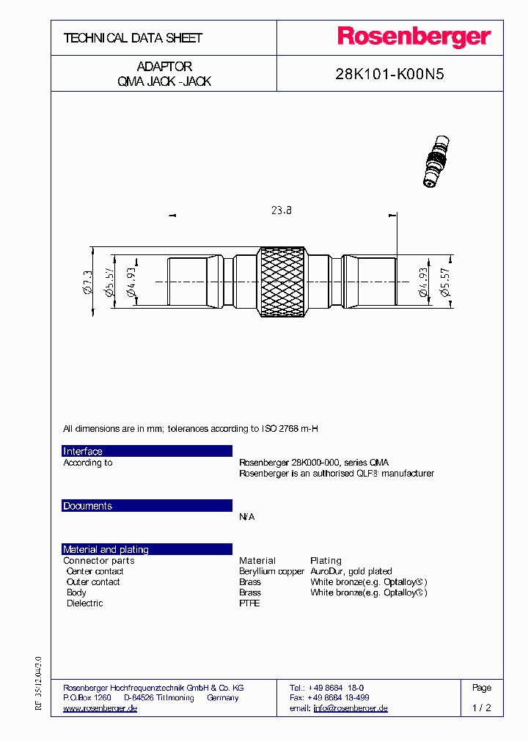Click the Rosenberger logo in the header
click(414, 37)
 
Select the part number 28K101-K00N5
click(389, 74)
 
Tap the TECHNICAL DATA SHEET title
click(133, 38)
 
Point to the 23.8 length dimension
click(281, 210)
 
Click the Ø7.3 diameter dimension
click(88, 282)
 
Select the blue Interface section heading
click(147, 451)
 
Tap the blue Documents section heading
click(147, 506)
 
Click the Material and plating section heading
click(147, 549)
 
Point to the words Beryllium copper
click(271, 571)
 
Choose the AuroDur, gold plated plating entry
click(351, 571)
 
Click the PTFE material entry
click(249, 603)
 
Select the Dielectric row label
click(84, 603)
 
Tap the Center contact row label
click(95, 571)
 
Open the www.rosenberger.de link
click(100, 708)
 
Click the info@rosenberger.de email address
click(350, 708)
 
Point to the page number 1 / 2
click(482, 708)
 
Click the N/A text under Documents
click(247, 517)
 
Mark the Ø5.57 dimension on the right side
click(444, 282)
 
